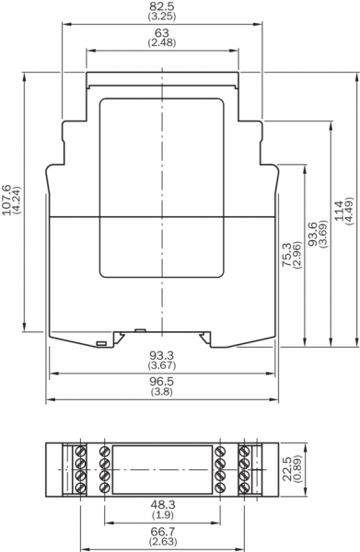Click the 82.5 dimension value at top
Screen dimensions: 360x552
click(x=162, y=6)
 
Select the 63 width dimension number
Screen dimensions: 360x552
click(x=162, y=33)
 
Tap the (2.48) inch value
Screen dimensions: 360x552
click(x=162, y=42)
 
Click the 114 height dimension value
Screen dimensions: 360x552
click(x=339, y=210)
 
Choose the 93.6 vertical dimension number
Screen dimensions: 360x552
click(x=312, y=234)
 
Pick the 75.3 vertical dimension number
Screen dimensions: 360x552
click(x=286, y=255)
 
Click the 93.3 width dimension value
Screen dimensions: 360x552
click(x=162, y=355)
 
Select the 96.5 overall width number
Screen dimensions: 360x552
click(x=162, y=381)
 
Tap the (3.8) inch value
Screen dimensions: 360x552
click(x=162, y=391)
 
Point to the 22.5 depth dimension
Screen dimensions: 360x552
click(x=286, y=469)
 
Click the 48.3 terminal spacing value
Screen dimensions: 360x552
click(x=163, y=505)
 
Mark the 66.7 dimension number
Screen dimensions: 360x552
click(x=163, y=531)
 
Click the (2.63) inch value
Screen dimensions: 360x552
click(x=163, y=541)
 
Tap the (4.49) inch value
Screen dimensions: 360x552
click(x=349, y=210)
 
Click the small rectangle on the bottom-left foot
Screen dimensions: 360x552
click(x=102, y=343)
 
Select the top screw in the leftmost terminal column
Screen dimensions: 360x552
click(x=81, y=451)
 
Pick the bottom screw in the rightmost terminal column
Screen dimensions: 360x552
click(x=244, y=489)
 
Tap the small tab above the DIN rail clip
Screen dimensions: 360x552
click(x=140, y=330)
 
